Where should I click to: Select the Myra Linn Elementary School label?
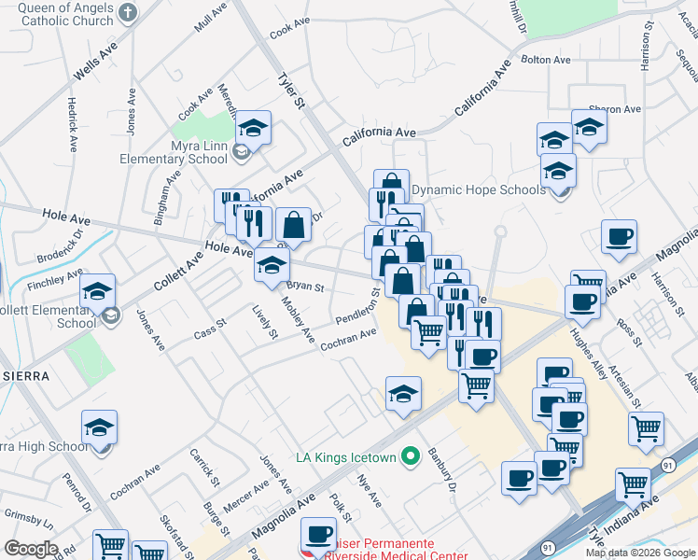point(174,152)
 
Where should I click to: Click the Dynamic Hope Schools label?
point(478,189)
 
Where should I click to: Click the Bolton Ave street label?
point(546,60)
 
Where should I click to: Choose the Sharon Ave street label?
point(614,109)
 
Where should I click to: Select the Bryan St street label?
point(304,287)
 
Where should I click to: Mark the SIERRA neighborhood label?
point(21,374)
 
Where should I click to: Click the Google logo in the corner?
point(31,548)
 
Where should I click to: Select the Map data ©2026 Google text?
point(640,553)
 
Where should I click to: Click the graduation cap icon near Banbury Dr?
point(403,394)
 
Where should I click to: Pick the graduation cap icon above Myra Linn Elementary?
point(253,127)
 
